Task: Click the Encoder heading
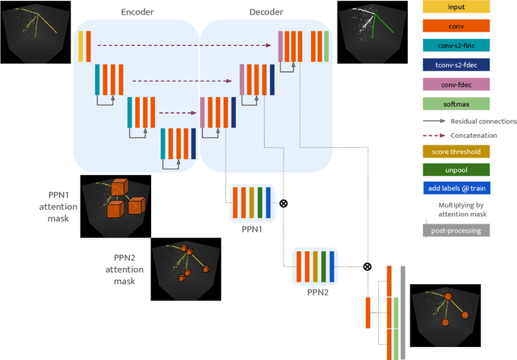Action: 137,13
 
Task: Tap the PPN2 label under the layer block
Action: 314,290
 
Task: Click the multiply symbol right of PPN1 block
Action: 283,203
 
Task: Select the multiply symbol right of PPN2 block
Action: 367,266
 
